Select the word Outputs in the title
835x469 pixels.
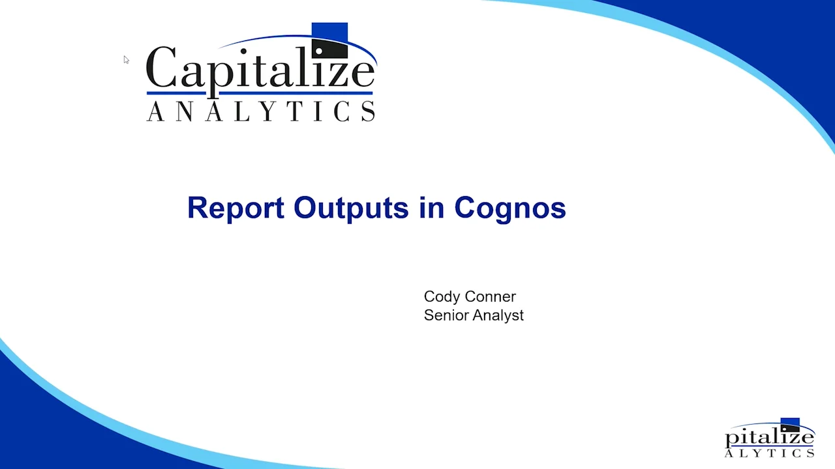tap(351, 208)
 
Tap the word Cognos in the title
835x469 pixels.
tap(509, 208)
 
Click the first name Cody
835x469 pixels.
tap(442, 297)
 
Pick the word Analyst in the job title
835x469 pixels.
tap(498, 315)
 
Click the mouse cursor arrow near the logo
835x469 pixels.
tap(126, 59)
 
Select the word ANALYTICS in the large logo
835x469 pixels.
tap(261, 111)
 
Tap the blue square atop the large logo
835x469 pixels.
tap(329, 31)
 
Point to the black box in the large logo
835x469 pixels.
tap(329, 50)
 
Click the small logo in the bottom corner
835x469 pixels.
tap(770, 438)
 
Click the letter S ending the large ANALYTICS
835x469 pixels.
tap(369, 112)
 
